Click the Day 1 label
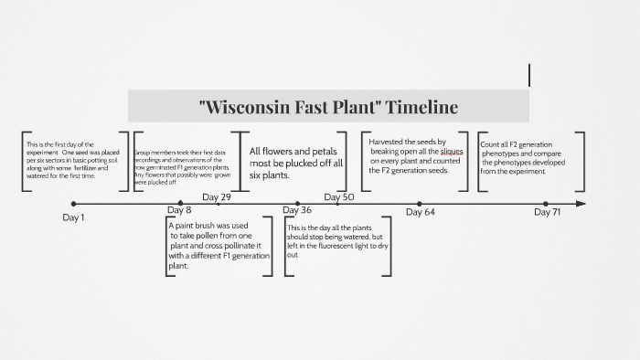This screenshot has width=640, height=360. [73, 217]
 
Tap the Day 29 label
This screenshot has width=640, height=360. [217, 197]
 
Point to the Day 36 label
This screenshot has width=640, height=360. [297, 211]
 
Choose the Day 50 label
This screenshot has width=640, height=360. [338, 197]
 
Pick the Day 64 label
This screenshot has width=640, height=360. [420, 212]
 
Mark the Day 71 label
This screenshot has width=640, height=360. [547, 212]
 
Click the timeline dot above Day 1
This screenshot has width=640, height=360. [74, 204]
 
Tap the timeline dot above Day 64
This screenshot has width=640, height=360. [420, 204]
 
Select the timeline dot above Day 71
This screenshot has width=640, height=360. [546, 204]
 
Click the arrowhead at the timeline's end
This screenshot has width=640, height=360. [581, 204]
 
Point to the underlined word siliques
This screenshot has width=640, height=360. [453, 152]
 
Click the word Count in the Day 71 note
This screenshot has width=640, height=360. [490, 144]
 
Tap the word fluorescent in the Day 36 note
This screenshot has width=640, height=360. [350, 247]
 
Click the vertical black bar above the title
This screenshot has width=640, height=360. [529, 75]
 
